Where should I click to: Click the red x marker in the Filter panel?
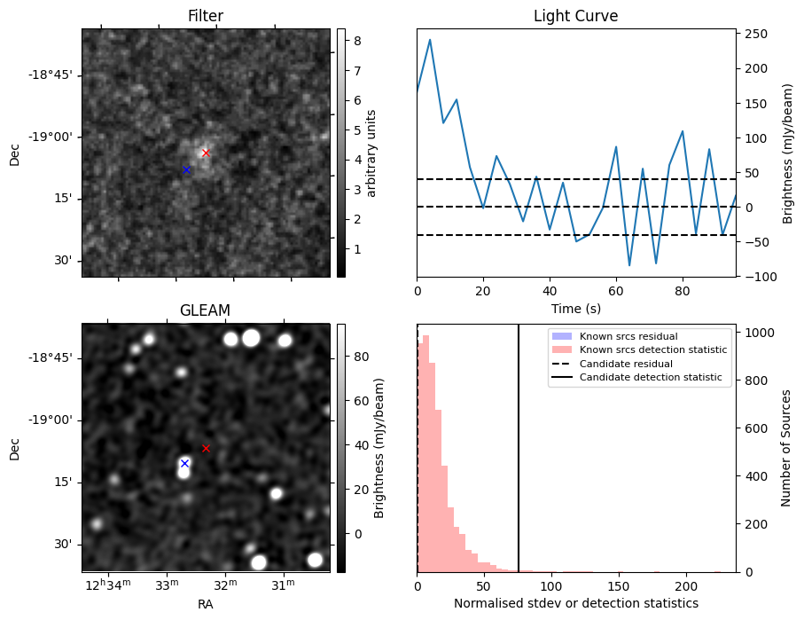pyautogui.click(x=206, y=153)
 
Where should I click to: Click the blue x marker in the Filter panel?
pyautogui.click(x=186, y=169)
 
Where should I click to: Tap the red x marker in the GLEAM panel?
pyautogui.click(x=206, y=448)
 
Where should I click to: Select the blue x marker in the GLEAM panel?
pyautogui.click(x=184, y=463)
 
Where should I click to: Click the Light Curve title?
pyautogui.click(x=575, y=17)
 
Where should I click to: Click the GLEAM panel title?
pyautogui.click(x=205, y=310)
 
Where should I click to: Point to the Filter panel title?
pyautogui.click(x=205, y=17)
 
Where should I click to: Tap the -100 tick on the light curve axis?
pyautogui.click(x=759, y=277)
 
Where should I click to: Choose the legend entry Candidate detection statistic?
pyautogui.click(x=652, y=378)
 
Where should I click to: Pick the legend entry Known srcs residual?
pyautogui.click(x=628, y=336)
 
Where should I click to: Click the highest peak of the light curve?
pyautogui.click(x=430, y=39)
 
